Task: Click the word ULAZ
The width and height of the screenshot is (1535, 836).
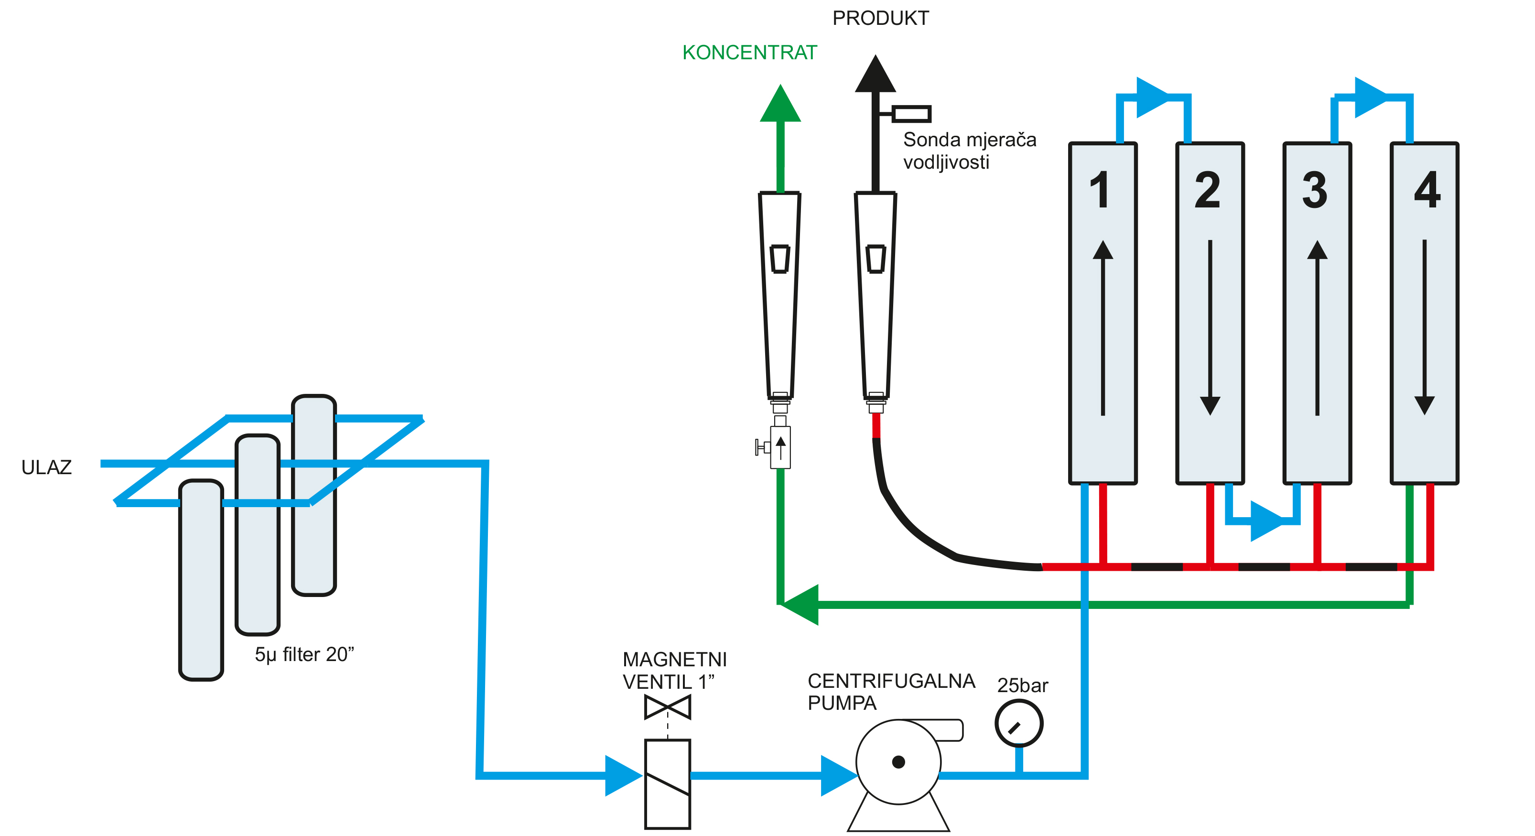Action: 46,467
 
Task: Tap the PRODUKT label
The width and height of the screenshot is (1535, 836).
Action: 880,19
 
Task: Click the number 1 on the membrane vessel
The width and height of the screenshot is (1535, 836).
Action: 1100,190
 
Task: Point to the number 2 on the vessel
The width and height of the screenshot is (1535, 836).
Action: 1208,190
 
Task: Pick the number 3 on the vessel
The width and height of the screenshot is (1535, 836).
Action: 1315,190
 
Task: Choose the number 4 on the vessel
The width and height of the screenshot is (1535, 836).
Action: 1427,190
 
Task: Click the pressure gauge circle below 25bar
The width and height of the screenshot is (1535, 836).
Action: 1018,723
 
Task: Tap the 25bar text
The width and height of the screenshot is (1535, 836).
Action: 1023,685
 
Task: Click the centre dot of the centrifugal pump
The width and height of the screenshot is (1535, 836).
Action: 898,762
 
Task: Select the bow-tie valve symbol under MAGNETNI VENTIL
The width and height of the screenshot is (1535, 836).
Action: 668,707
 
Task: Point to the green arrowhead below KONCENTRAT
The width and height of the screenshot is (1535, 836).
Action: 780,104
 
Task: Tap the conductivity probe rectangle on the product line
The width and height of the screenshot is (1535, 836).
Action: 911,113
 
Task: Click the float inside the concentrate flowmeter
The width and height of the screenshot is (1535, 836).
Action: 780,259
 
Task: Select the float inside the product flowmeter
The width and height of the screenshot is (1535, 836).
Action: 876,259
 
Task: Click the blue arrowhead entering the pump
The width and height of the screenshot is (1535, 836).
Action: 837,775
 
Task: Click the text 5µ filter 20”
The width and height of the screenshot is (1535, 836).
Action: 304,654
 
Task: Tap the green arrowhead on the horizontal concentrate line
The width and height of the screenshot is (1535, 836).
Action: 801,605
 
